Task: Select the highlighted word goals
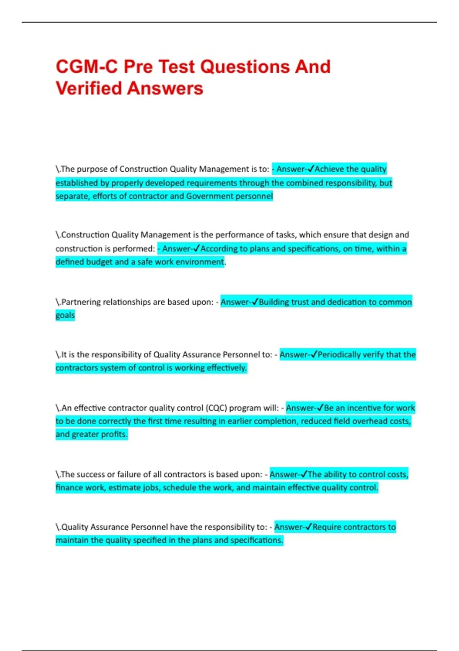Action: (65, 316)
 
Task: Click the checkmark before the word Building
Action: (255, 302)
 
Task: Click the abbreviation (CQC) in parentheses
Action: (216, 408)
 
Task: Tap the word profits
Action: (114, 434)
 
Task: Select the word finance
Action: (68, 488)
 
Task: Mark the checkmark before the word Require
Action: (309, 527)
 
